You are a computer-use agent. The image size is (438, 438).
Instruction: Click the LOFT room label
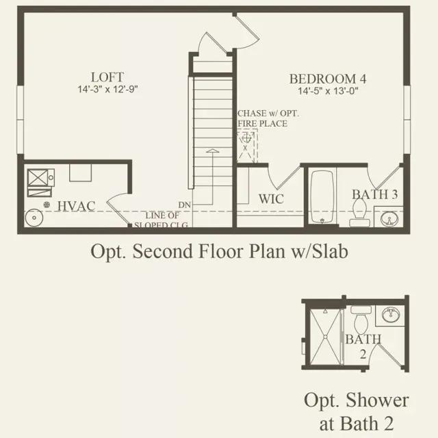point(107,77)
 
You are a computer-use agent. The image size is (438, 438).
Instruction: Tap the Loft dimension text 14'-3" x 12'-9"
point(107,90)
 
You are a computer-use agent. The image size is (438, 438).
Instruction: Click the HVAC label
point(75,206)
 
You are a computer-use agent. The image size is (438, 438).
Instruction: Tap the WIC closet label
point(271,199)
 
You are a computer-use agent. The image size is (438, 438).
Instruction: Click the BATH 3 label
point(375,194)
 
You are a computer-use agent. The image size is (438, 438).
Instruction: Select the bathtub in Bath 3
point(322,197)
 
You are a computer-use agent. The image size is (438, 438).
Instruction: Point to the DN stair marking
point(184,205)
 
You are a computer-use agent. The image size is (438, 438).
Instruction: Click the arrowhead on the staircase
point(212,151)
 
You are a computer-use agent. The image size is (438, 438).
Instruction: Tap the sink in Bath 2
point(390,315)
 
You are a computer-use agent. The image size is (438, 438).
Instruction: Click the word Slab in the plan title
point(329,252)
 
